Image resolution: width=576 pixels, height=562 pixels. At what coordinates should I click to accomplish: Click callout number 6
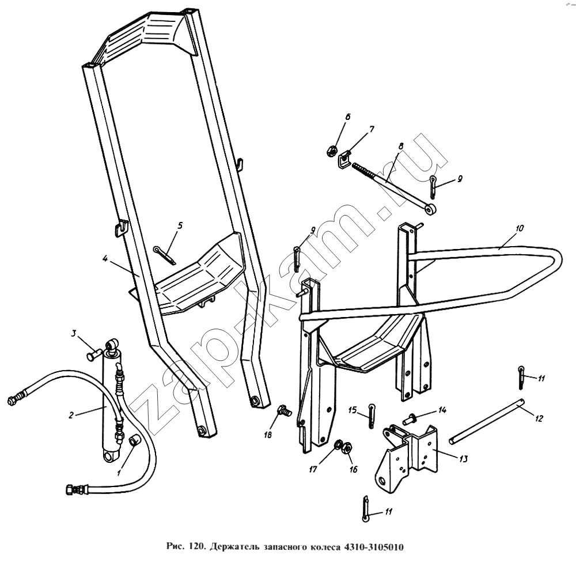(x=347, y=117)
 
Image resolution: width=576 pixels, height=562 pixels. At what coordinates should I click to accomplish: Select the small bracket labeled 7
(x=344, y=159)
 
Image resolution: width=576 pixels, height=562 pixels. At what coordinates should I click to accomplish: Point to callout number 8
(x=400, y=146)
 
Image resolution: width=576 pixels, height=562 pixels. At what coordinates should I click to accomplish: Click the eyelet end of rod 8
(x=430, y=209)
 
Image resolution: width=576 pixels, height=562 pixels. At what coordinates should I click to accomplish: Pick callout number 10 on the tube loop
(x=519, y=228)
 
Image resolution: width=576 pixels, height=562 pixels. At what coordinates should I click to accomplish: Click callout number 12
(x=539, y=418)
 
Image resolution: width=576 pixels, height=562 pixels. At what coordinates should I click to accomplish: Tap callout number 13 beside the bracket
(x=464, y=459)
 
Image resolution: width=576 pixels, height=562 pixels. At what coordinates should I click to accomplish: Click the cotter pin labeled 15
(x=372, y=416)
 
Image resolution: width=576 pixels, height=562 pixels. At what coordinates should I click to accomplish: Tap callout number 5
(x=180, y=225)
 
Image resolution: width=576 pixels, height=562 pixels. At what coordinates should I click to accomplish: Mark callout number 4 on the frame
(x=105, y=259)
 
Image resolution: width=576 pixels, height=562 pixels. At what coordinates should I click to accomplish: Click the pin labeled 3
(x=94, y=355)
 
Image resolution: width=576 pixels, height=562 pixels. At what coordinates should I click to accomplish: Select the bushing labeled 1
(x=134, y=440)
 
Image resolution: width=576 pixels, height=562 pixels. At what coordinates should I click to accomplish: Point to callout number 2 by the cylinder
(x=71, y=416)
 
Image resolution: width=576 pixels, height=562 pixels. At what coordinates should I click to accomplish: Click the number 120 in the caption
(x=196, y=546)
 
